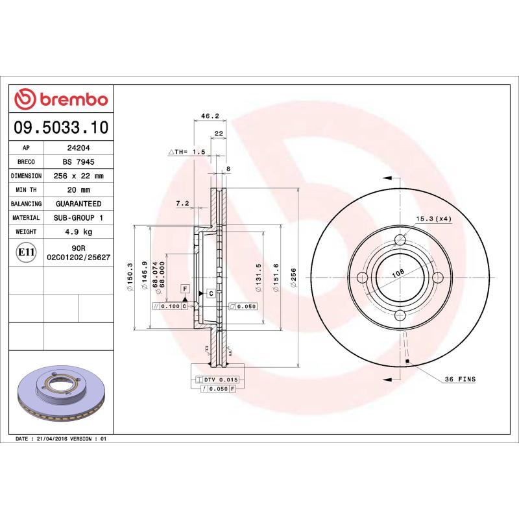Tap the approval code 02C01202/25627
point(78,258)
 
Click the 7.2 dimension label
point(182,204)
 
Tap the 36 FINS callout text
point(460,379)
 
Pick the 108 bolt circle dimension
point(398,274)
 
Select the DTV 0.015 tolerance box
point(217,379)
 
